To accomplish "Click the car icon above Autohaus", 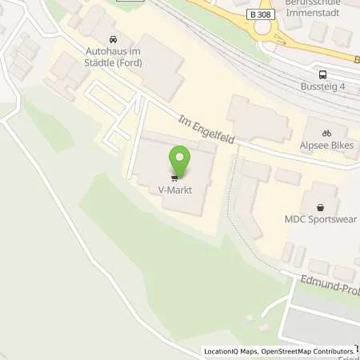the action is pyautogui.click(x=114, y=39).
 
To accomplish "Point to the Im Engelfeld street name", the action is pyautogui.click(x=206, y=128).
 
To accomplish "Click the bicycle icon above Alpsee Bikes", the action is pyautogui.click(x=326, y=133).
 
